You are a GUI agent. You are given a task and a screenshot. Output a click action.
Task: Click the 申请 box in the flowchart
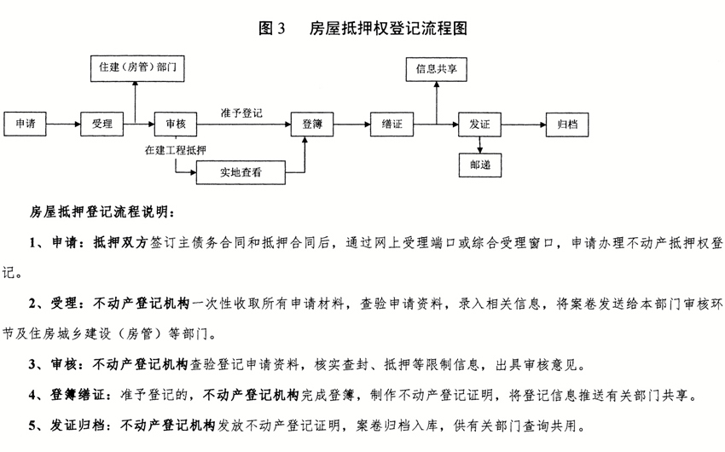pos(25,124)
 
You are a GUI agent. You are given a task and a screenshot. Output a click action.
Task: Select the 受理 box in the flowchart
pos(101,124)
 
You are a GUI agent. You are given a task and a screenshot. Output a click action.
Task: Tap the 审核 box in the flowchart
pos(175,124)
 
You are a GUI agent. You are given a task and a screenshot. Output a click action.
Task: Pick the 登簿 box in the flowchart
pos(312,124)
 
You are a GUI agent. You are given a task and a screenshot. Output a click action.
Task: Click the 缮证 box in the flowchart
pos(391,124)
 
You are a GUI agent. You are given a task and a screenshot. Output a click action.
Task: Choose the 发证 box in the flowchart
pos(479,124)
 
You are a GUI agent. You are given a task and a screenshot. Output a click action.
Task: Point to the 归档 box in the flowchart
pos(567,124)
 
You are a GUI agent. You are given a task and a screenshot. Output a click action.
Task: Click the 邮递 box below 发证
pos(480,165)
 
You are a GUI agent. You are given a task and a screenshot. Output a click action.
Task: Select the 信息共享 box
pos(437,69)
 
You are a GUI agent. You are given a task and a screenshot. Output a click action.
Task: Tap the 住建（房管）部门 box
pos(137,68)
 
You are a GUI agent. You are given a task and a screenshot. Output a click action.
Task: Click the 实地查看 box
pos(241,172)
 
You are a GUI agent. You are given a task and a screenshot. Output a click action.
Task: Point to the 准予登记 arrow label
pos(241,113)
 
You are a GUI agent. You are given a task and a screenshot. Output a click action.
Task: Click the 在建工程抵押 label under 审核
pos(176,150)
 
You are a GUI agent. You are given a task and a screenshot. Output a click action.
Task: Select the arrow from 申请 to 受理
pos(63,124)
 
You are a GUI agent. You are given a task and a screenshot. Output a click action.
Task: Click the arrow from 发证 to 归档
pos(524,124)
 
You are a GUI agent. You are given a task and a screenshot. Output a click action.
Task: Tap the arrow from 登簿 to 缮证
pos(352,124)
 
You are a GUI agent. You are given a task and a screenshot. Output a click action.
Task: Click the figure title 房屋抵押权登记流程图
pos(388,28)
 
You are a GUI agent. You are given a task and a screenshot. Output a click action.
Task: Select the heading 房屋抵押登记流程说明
pos(102,212)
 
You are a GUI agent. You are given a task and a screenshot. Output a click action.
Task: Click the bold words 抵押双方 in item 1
pos(120,242)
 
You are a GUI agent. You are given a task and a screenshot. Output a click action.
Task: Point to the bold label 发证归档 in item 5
pos(78,425)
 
